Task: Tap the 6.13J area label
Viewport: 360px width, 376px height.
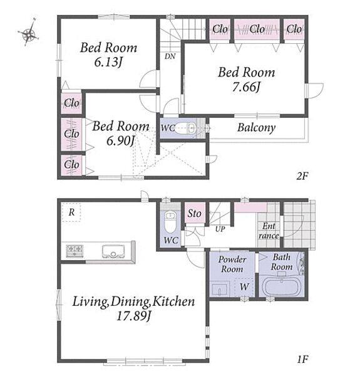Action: pos(108,63)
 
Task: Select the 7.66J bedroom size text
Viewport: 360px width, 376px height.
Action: pos(246,87)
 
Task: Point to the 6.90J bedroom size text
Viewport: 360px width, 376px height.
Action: pos(120,140)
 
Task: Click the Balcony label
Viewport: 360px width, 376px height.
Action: pos(256,128)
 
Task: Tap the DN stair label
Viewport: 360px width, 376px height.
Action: pos(170,56)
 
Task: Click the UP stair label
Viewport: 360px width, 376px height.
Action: pos(220,229)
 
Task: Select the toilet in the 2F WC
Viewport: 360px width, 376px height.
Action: pos(185,128)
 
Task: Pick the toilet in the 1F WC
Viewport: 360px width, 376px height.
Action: pos(170,222)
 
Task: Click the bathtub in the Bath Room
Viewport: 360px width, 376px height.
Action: pos(282,287)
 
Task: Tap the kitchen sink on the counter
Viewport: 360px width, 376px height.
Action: pos(113,251)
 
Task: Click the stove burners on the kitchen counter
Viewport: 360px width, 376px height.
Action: pos(75,251)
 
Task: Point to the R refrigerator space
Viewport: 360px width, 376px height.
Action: pos(71,212)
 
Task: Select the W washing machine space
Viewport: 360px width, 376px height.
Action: pos(244,287)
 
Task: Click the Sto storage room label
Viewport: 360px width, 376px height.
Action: pos(194,213)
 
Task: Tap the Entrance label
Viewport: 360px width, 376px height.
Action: pos(269,231)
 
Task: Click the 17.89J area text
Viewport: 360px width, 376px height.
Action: pos(133,316)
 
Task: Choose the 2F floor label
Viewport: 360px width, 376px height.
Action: pos(302,176)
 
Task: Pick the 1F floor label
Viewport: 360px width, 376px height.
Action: pos(302,359)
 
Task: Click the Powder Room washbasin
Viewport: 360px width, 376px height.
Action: pos(220,290)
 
